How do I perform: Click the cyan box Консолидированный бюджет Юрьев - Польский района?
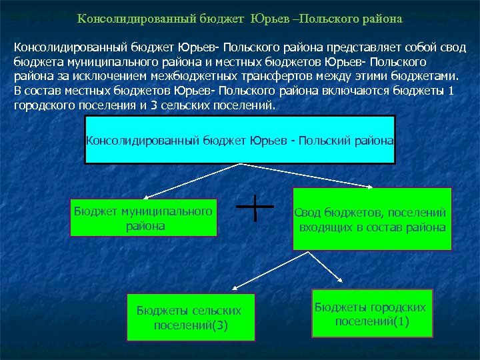point(240,139)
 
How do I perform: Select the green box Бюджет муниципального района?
point(144,218)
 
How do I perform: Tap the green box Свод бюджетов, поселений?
point(372,219)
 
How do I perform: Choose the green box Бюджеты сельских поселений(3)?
point(191,317)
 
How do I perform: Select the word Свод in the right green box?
point(309,213)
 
